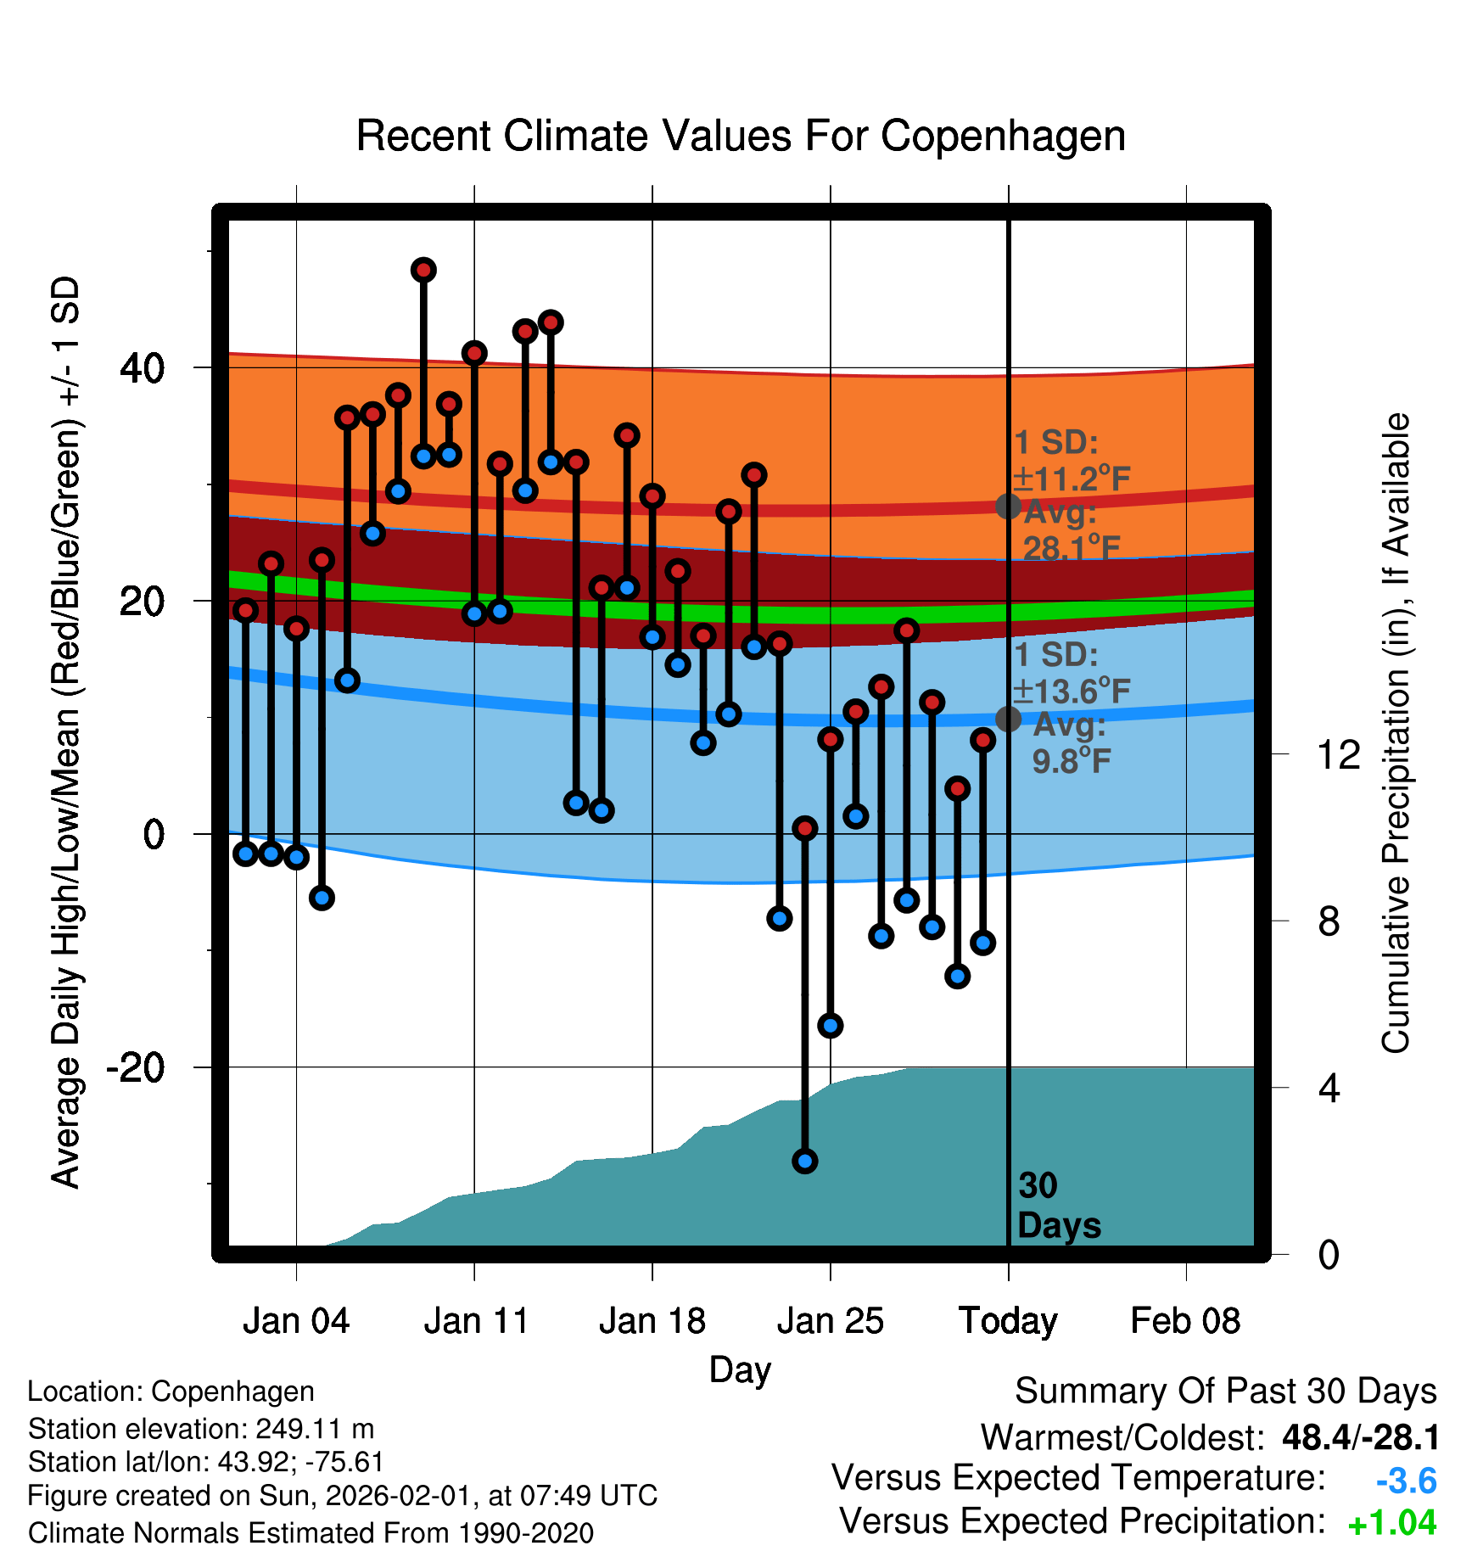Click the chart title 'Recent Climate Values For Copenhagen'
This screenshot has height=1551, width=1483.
point(741,136)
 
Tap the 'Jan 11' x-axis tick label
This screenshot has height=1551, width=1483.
point(476,1321)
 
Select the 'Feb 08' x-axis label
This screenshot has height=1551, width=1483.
point(1185,1321)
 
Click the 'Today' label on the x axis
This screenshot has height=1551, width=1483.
point(1008,1321)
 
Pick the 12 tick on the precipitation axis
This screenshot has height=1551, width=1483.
point(1338,754)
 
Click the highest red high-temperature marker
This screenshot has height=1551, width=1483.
point(423,270)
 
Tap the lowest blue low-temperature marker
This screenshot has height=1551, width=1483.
point(805,1161)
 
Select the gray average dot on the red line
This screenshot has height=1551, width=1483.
point(1008,507)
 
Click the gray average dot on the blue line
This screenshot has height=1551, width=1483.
point(1008,719)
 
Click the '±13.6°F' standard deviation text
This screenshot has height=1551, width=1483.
point(1072,692)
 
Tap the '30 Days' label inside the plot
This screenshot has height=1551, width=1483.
point(1058,1206)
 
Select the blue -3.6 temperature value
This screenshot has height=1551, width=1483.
point(1406,1481)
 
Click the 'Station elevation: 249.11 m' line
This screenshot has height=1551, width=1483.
point(201,1430)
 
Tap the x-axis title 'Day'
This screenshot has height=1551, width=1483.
point(740,1369)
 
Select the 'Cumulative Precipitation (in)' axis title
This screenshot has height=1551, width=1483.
point(1395,733)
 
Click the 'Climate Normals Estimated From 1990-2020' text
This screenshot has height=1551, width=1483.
point(311,1533)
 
